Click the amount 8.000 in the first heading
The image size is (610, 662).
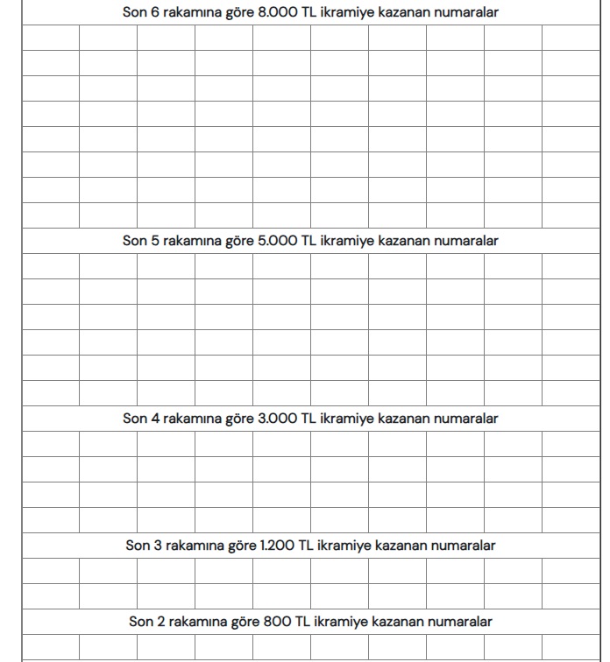tap(278, 13)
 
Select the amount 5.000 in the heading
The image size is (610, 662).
tap(278, 241)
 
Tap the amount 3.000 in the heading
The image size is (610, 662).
tap(278, 419)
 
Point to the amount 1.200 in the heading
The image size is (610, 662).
tap(278, 546)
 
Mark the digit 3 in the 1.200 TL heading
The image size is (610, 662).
tap(158, 546)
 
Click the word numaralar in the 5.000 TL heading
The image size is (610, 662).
tap(466, 241)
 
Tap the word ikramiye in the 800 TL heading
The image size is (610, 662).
tap(338, 622)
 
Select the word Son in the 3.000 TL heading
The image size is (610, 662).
tap(135, 419)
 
